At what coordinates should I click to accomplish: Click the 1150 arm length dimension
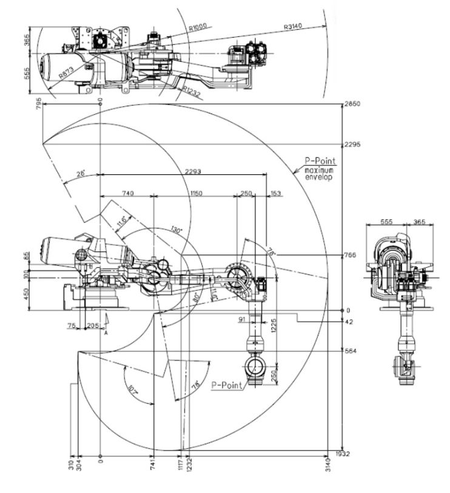tap(195, 192)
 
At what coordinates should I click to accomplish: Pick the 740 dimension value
tap(127, 192)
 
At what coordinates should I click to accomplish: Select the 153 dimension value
tap(277, 192)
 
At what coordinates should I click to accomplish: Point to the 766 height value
tap(350, 255)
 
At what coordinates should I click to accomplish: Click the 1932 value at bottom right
tap(344, 454)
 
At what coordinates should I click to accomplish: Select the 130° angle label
tap(176, 230)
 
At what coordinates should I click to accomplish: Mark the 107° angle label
tap(132, 387)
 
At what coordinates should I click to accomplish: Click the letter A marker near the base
tap(106, 333)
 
